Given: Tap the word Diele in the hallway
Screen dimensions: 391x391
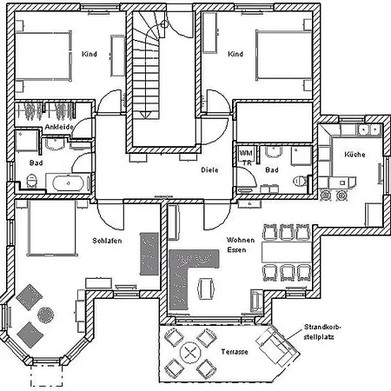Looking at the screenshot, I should pos(209,170).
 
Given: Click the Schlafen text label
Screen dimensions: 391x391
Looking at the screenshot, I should pos(106,240).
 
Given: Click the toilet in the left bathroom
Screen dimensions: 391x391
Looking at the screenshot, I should pos(32,180).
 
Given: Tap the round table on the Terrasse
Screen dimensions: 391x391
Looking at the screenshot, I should pos(189,353).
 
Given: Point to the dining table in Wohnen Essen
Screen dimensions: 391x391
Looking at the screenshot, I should pos(280,252).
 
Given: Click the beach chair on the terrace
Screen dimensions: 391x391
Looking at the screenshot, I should pos(276,347).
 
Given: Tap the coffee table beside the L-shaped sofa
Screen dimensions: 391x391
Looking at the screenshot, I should pos(207,287).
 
